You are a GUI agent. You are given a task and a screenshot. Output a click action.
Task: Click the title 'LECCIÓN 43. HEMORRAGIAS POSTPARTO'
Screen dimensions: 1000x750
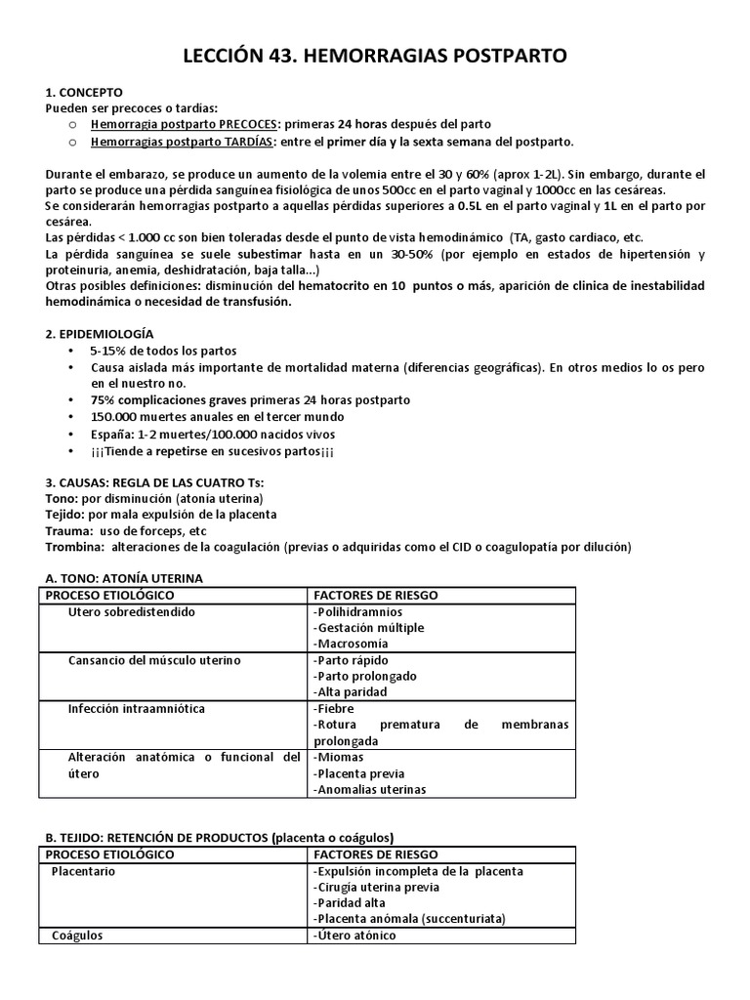(375, 59)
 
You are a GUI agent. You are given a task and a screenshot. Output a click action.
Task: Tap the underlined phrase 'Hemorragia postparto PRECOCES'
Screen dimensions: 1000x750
(184, 124)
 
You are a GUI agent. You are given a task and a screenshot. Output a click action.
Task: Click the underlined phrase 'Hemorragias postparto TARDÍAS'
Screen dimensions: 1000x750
(183, 141)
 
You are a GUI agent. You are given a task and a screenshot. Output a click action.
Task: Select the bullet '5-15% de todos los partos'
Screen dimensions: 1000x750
(163, 351)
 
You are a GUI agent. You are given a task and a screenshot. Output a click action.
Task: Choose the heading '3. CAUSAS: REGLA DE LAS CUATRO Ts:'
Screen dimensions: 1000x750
(154, 482)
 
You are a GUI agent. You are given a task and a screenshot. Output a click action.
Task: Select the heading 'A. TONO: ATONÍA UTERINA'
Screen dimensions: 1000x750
(124, 578)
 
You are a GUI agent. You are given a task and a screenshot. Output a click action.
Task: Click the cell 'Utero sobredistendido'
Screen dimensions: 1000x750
(132, 611)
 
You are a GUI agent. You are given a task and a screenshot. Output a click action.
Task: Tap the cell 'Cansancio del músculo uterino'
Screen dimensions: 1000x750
(153, 660)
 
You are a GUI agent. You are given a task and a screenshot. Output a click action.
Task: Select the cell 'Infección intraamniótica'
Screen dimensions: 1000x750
(137, 708)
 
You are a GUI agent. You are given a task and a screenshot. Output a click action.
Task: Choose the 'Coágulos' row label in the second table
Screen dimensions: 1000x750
(77, 935)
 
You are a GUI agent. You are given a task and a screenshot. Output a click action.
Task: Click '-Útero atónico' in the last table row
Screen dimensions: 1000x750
(354, 935)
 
